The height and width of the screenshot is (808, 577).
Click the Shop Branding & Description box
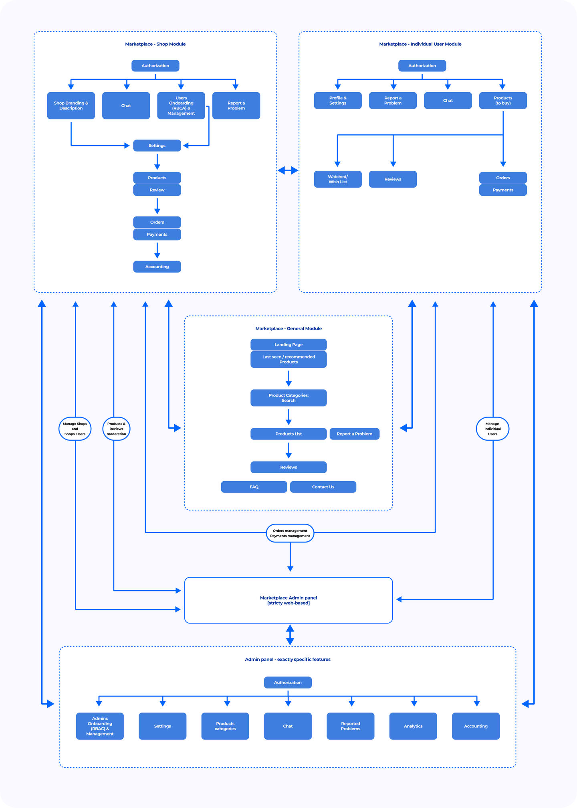tap(71, 105)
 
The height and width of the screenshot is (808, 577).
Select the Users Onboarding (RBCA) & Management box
tap(181, 105)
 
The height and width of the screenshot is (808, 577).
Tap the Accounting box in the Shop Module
tap(157, 267)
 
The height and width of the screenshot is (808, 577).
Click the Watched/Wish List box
tap(337, 179)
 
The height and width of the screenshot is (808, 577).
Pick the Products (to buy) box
tap(502, 101)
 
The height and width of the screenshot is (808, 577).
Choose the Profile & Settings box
tap(337, 101)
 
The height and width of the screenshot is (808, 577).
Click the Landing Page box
tap(288, 344)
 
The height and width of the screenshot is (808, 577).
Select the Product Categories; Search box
tap(288, 398)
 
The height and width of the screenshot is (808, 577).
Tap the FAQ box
tap(254, 487)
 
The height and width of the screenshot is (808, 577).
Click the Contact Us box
tap(323, 487)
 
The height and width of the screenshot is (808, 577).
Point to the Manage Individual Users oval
tap(492, 429)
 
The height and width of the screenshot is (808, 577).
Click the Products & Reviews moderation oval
tap(116, 429)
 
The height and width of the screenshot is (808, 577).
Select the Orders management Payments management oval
tap(290, 533)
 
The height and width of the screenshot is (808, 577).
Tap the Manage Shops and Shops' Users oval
tap(75, 429)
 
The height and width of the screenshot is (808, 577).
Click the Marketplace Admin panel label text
tap(288, 600)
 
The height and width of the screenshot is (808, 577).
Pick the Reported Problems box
tap(350, 726)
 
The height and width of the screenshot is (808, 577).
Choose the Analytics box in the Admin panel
tap(413, 726)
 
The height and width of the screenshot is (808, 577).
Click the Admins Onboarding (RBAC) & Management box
tap(100, 726)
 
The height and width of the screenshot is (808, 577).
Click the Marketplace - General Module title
tap(288, 328)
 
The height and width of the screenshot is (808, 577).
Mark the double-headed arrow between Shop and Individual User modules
tap(288, 170)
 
